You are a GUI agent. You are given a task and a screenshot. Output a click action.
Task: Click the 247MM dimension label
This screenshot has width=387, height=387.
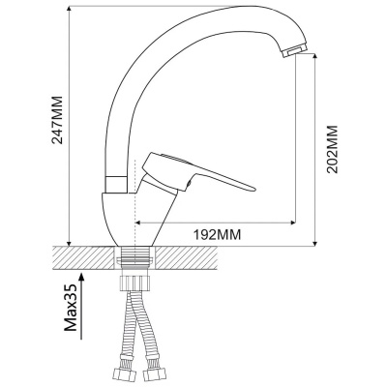[57, 120]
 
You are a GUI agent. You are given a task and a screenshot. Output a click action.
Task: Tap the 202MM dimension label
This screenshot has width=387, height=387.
[332, 149]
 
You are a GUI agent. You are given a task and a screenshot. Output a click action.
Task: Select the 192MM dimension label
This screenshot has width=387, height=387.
[217, 235]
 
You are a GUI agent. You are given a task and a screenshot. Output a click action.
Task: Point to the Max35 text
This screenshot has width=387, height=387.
[71, 308]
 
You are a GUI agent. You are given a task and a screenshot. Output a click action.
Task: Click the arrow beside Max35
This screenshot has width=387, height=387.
[81, 306]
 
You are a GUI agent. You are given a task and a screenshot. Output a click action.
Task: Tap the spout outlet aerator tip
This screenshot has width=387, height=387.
[294, 51]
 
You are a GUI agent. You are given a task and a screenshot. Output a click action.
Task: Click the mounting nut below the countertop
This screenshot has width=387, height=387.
[134, 283]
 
